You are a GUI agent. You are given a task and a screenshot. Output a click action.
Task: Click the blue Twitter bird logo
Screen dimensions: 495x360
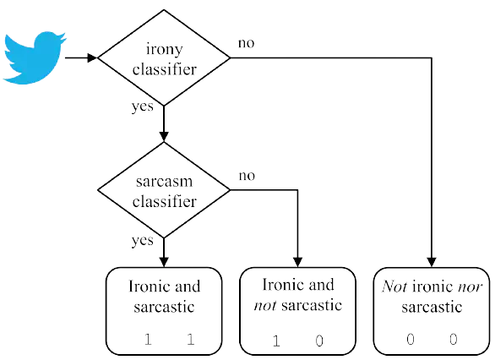point(34,57)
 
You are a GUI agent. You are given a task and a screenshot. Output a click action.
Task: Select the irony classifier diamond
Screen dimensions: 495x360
point(164,57)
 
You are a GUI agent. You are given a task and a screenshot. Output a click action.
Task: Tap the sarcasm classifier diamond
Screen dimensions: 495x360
point(164,190)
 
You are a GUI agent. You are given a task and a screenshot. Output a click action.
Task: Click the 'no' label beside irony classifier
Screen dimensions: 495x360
point(247,43)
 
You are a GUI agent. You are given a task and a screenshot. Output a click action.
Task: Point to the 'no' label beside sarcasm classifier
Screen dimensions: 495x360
point(247,176)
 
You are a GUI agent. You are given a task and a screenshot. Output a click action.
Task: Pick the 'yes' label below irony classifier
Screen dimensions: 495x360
point(143,106)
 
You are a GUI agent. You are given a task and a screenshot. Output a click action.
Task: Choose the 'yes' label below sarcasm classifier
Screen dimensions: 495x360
point(143,241)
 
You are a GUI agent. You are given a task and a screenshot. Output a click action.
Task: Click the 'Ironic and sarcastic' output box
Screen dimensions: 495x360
point(164,311)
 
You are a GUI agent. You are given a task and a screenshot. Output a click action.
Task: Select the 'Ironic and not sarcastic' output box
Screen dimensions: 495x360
point(297,311)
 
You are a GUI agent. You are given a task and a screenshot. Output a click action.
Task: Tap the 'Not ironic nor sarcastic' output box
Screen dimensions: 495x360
point(432,311)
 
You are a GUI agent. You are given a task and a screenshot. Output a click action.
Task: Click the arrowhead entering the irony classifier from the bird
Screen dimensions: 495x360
point(92,57)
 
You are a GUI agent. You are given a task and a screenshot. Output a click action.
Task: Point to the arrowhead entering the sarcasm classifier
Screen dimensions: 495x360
point(164,136)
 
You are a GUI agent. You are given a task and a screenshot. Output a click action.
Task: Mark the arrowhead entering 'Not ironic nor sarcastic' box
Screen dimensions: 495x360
point(432,263)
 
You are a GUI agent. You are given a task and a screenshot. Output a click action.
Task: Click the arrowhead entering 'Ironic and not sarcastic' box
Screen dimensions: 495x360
point(297,263)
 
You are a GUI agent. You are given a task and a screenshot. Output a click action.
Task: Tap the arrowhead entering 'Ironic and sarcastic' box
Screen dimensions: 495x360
point(164,263)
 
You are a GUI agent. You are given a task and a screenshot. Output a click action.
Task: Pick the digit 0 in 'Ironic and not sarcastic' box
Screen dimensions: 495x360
point(319,341)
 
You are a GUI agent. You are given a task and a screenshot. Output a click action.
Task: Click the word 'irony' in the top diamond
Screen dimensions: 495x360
point(165,50)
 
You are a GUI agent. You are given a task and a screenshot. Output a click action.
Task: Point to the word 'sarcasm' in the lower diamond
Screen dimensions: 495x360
point(164,182)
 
